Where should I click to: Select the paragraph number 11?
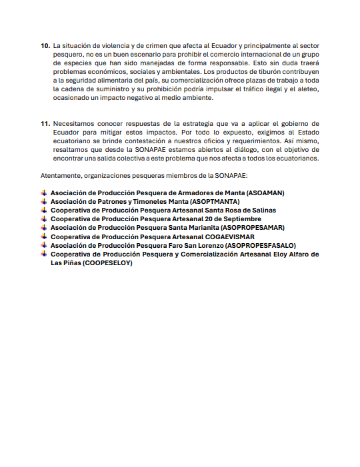(x=45, y=123)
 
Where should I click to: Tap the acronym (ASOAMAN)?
(x=265, y=193)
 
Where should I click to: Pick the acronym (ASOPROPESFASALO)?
(x=259, y=245)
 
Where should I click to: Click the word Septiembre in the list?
(x=238, y=219)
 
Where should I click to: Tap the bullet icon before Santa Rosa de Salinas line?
(x=44, y=210)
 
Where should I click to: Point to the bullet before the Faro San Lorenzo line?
(x=44, y=245)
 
